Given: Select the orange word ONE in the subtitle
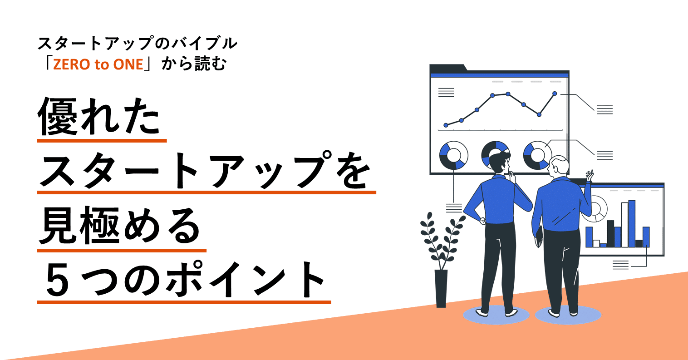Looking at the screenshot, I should click(x=128, y=64).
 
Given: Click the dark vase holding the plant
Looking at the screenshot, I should click(x=441, y=288).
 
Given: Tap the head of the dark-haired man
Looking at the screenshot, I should click(x=499, y=163).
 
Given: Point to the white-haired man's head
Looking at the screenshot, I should click(x=558, y=166).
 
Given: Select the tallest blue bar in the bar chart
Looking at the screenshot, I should click(x=631, y=223).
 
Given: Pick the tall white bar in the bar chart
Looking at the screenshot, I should click(x=624, y=224).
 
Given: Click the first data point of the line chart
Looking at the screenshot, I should click(x=446, y=125).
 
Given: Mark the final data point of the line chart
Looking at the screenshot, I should click(x=555, y=94).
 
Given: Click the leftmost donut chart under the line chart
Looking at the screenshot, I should click(x=453, y=155).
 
